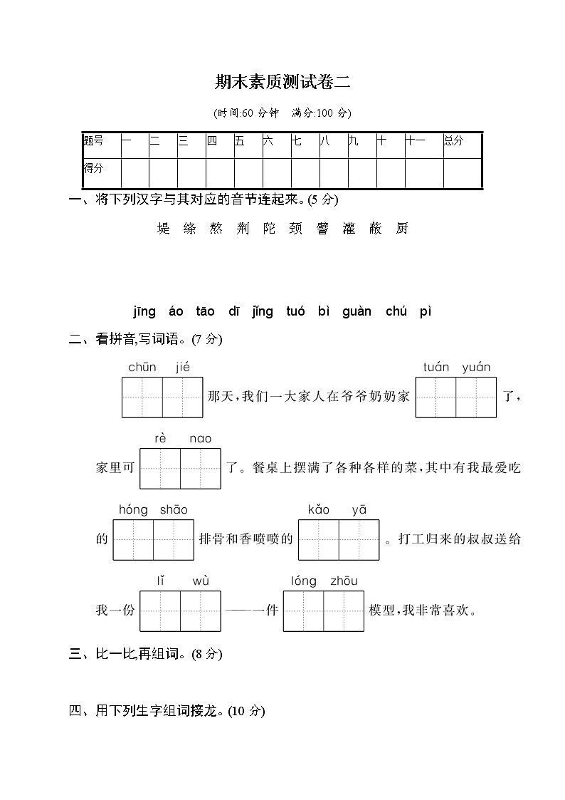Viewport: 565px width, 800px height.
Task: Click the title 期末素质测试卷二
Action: (x=282, y=82)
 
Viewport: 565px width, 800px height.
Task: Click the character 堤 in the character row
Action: (x=164, y=229)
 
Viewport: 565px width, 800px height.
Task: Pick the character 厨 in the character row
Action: (x=402, y=229)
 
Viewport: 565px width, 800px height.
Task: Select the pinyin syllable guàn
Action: (x=357, y=311)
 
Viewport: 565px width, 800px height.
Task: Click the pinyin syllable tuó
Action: (x=295, y=311)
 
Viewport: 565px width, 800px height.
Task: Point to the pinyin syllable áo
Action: (x=176, y=311)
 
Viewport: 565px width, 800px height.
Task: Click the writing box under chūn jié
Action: (x=162, y=397)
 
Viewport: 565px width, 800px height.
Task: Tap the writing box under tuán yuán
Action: (x=456, y=397)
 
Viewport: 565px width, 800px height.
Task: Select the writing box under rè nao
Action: (x=180, y=468)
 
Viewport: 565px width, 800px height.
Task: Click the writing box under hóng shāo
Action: (x=153, y=539)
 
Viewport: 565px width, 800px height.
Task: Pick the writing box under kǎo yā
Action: (x=339, y=539)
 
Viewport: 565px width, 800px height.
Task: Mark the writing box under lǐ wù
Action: (x=180, y=611)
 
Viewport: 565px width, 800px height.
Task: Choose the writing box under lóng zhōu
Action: (x=323, y=611)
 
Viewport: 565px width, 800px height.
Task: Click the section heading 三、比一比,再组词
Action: (x=146, y=654)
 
